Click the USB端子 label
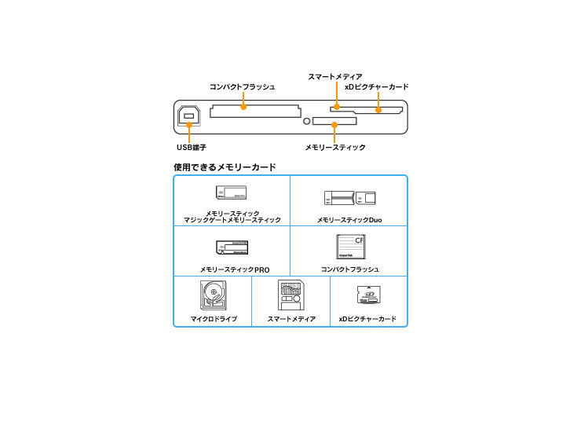point(191,147)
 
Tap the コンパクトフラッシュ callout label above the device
point(242,86)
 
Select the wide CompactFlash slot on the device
point(254,112)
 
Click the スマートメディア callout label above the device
point(335,76)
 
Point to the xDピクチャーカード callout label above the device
point(377,86)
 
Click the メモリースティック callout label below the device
point(335,147)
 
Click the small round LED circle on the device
point(307,122)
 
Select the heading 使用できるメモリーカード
point(225,167)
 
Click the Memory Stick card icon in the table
point(232,192)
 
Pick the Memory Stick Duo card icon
point(350,198)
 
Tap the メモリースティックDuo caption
point(350,220)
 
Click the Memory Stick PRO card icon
point(232,247)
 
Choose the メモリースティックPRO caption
point(235,269)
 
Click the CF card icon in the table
point(350,247)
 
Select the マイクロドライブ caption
point(214,319)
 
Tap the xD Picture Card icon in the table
point(367,296)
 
